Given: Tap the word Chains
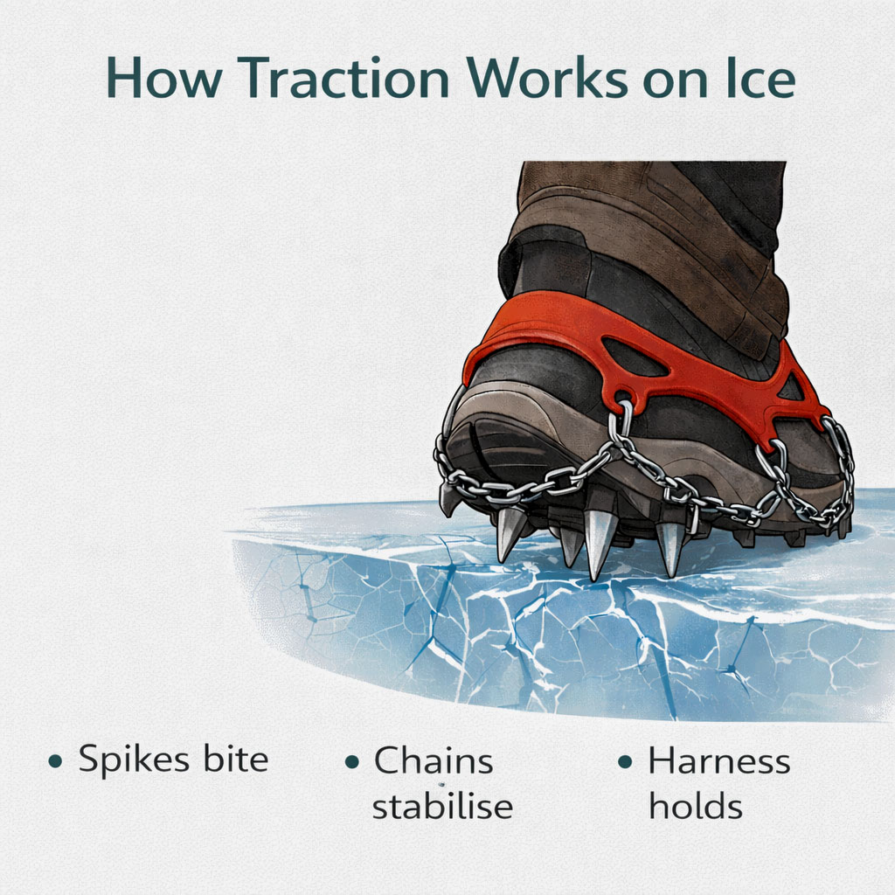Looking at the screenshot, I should tap(434, 760).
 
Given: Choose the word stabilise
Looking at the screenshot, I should tap(441, 805).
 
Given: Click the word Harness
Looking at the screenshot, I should tap(718, 760).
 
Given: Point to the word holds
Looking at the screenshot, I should tap(695, 805).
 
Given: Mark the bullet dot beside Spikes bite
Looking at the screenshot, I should tap(55, 761).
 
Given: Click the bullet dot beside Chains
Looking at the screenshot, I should tap(352, 761).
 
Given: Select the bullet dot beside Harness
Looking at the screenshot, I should tap(625, 761).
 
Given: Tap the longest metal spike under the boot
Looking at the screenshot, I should tap(600, 544).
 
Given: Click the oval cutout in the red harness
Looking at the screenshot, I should tap(636, 357).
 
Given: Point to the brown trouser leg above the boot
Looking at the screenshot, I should tap(647, 227).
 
